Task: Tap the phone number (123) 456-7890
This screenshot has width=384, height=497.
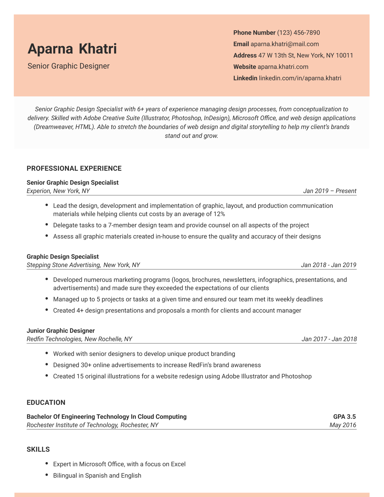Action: click(x=298, y=33)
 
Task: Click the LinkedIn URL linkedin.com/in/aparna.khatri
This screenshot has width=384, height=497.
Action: click(x=300, y=78)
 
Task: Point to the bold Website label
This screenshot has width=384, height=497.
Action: click(x=245, y=67)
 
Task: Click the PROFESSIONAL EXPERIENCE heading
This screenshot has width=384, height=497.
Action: click(x=74, y=168)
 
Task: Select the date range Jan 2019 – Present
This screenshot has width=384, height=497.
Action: click(x=330, y=191)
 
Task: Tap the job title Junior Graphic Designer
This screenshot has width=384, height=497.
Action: click(x=61, y=331)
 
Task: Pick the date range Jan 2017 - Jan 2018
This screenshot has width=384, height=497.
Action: click(x=329, y=339)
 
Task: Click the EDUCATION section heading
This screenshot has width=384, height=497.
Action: click(x=46, y=402)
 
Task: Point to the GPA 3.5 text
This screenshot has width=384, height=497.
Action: click(x=344, y=417)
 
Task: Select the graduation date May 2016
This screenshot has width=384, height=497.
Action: click(x=343, y=425)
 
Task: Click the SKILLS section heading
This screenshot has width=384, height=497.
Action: click(x=38, y=449)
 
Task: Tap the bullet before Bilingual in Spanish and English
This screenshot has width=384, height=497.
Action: click(x=47, y=475)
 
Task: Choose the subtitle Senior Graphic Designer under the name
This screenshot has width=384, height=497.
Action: click(x=69, y=66)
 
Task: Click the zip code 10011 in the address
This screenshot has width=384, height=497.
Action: click(x=344, y=56)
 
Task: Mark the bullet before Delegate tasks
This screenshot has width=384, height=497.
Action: click(x=47, y=225)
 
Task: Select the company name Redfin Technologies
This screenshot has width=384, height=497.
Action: click(x=54, y=339)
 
